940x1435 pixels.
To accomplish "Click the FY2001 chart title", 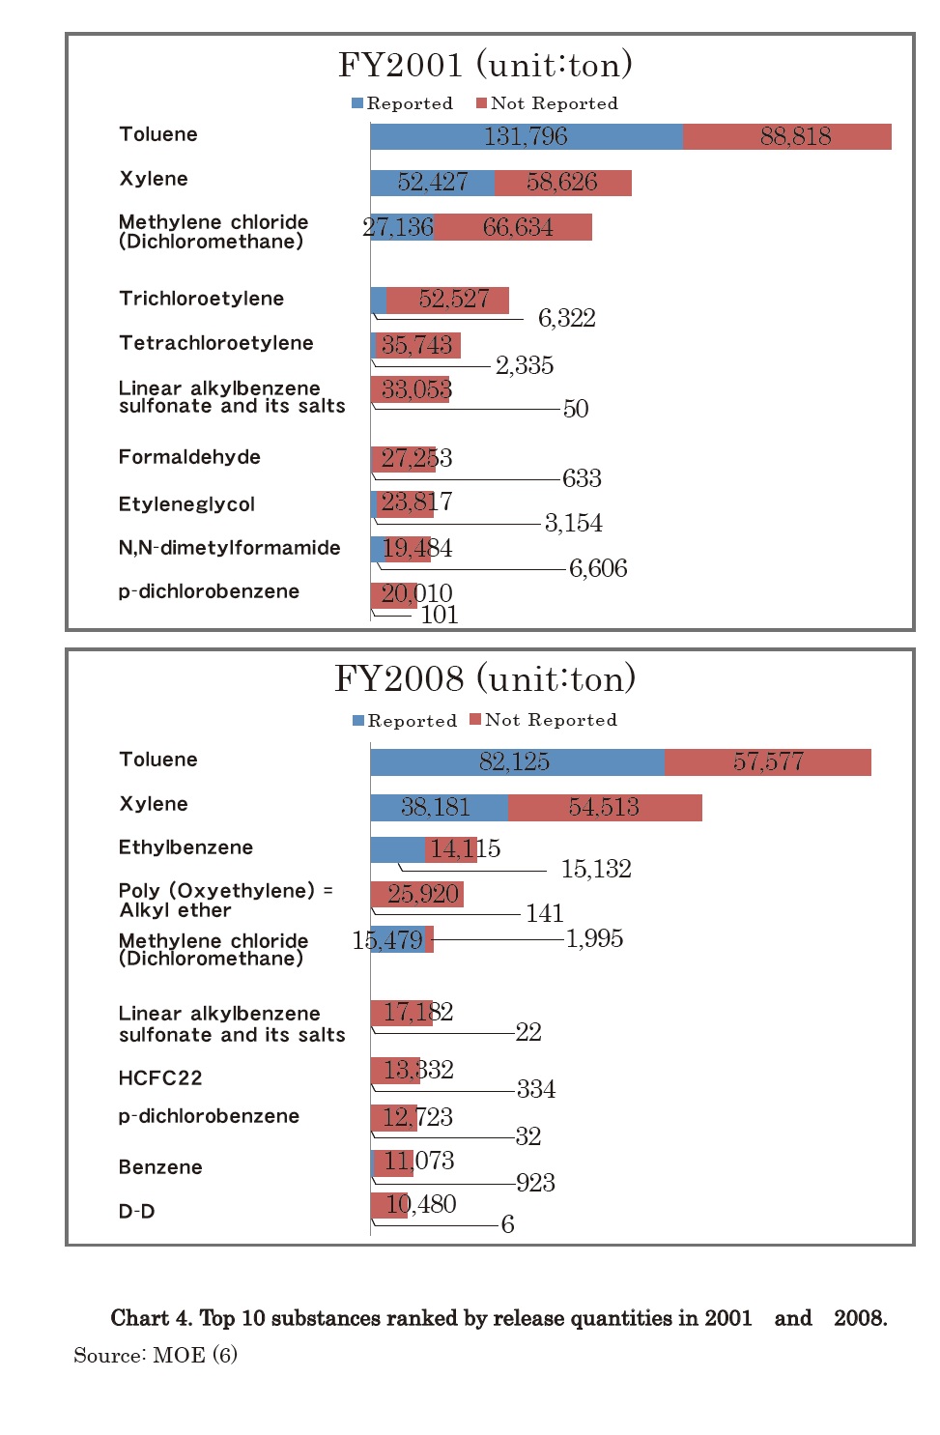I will [x=485, y=65].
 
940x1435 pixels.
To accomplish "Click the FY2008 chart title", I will [x=485, y=678].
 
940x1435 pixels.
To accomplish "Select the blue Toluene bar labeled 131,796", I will [x=526, y=136].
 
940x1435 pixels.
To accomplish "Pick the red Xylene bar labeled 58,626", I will [x=562, y=183].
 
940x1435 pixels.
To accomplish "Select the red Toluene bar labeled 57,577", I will [x=768, y=761].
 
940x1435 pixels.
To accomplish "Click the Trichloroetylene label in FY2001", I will [x=201, y=299].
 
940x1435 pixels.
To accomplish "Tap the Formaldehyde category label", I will [x=189, y=457].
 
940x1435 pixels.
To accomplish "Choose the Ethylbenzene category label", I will [x=185, y=847].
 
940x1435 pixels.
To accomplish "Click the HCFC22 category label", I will [x=160, y=1078].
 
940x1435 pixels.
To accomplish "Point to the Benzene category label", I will [x=160, y=1167].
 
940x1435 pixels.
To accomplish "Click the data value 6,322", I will [x=566, y=318].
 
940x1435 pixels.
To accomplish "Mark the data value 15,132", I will [x=596, y=869].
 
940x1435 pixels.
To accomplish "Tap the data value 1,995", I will [x=594, y=938].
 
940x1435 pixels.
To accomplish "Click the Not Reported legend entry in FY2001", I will [x=547, y=103].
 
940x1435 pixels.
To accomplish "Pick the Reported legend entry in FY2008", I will [x=405, y=721].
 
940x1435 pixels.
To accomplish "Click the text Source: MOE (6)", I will [x=156, y=1355].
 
